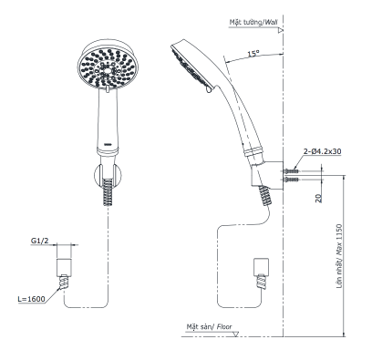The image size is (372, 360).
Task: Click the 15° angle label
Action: coord(253,54)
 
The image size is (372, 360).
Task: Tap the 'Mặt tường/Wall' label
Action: coord(253,23)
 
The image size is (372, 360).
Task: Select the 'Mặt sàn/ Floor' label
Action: coord(209,326)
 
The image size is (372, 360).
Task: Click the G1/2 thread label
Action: coord(39,241)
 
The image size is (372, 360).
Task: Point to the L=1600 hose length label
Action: coord(31,299)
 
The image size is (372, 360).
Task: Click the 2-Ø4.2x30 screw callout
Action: coord(322,151)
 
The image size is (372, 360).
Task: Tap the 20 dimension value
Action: coord(318,199)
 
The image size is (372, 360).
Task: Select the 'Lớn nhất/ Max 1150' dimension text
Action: coord(339,256)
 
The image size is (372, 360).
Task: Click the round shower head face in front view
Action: coord(108,68)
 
